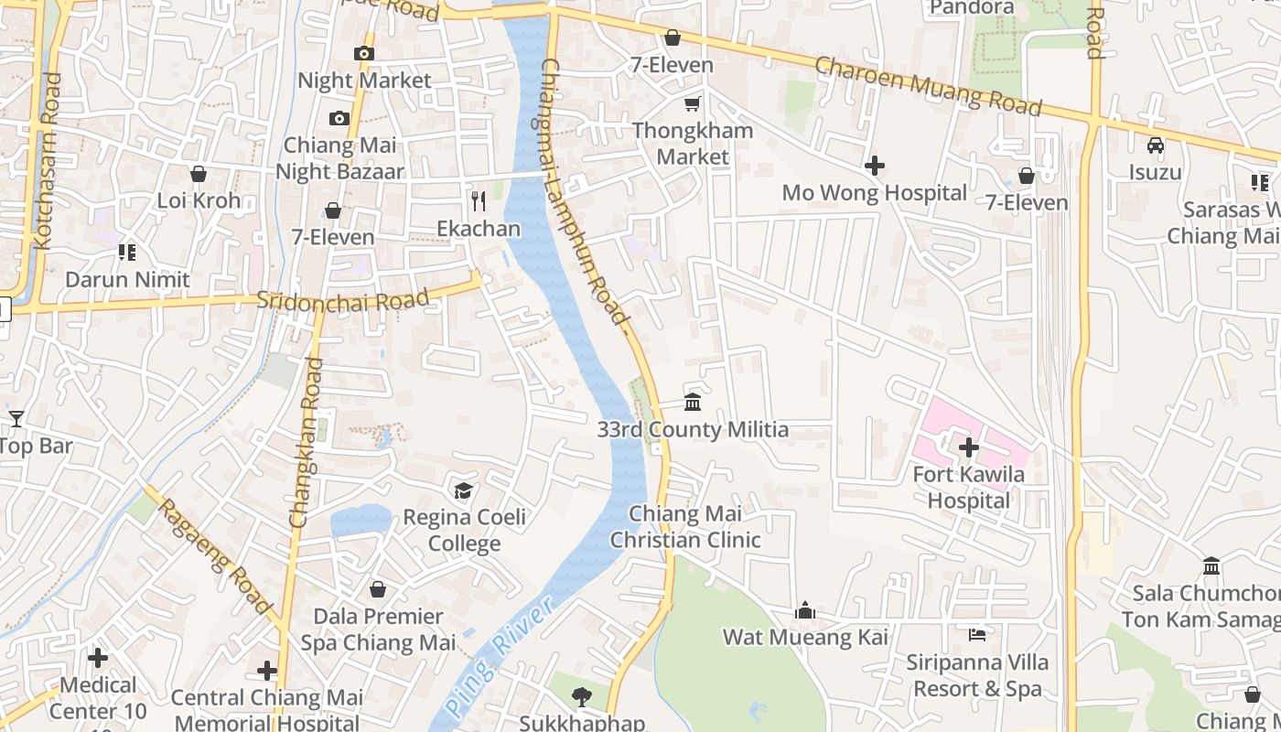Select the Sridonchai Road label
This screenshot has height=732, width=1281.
(x=343, y=300)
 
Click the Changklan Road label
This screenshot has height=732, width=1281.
(x=306, y=443)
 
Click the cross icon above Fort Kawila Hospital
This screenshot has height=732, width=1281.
(x=968, y=447)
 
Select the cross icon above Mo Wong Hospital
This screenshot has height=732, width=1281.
(x=875, y=166)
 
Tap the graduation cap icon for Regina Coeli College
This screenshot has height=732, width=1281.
(x=464, y=490)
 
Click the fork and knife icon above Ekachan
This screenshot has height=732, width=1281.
(x=478, y=200)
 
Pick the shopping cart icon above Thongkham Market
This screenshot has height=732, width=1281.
(x=693, y=103)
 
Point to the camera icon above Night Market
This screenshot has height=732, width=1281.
(x=364, y=53)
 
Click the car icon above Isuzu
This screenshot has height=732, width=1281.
(x=1156, y=145)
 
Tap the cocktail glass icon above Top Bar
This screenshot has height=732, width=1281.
(x=16, y=419)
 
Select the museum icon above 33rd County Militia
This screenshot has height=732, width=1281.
(x=693, y=403)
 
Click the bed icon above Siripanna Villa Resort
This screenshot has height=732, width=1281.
(x=977, y=634)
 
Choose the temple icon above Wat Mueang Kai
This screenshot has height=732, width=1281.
(x=805, y=610)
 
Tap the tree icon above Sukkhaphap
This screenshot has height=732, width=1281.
(x=581, y=697)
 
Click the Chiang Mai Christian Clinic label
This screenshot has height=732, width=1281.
(x=685, y=527)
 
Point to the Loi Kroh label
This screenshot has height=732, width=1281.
(x=199, y=200)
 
